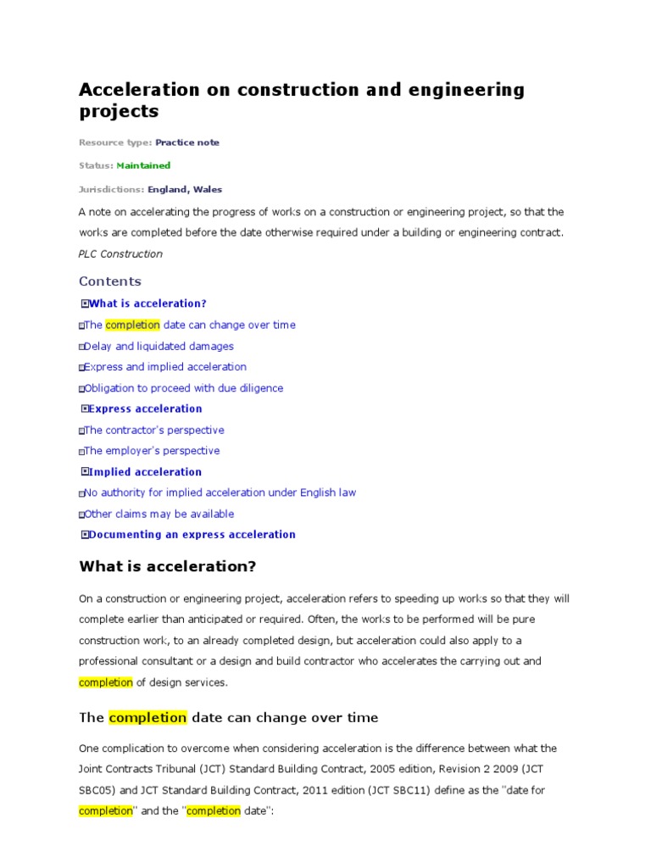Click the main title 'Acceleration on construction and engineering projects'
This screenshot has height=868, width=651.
[301, 100]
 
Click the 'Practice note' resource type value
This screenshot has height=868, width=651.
[186, 142]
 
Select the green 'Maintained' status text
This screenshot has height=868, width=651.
[143, 165]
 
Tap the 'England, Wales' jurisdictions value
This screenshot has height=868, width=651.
[185, 189]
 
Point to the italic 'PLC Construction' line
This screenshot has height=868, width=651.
[120, 253]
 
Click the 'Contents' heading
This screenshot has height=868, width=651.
[110, 281]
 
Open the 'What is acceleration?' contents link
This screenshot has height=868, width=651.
[147, 303]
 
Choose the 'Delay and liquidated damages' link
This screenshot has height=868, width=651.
[159, 346]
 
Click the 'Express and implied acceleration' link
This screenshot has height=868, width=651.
[165, 367]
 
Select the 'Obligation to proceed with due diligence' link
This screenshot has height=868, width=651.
[184, 388]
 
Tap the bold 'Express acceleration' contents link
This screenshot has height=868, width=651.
[145, 409]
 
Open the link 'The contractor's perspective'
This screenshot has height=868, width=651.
[154, 430]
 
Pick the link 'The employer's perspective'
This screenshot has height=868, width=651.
[152, 451]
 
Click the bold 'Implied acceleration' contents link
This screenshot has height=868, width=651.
[145, 472]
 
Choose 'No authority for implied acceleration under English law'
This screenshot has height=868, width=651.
[220, 492]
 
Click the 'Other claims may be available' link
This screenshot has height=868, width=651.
[159, 514]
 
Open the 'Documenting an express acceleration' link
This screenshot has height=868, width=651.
[192, 535]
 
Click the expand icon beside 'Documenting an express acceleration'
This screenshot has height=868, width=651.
[84, 535]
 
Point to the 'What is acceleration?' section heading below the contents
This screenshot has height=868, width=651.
[167, 566]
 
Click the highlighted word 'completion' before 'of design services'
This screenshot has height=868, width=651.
[106, 682]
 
